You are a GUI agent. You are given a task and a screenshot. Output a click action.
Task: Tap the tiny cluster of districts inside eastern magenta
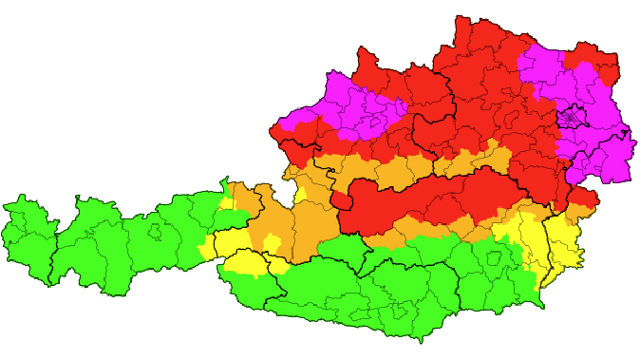tap(573, 119)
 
